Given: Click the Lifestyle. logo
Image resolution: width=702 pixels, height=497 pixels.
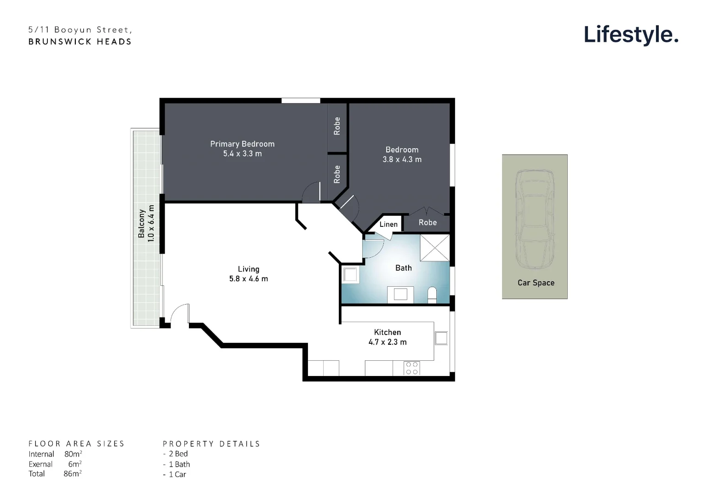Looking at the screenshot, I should (631, 35).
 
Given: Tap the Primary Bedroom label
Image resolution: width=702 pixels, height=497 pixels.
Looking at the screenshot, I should (242, 144).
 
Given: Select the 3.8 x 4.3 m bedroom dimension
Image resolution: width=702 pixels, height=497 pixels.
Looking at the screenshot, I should (402, 160).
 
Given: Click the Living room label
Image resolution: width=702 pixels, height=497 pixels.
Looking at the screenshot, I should (248, 269).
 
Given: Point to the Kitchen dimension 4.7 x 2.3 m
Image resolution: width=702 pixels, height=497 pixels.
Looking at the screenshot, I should (387, 342).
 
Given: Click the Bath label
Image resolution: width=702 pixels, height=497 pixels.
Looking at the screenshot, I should (403, 268).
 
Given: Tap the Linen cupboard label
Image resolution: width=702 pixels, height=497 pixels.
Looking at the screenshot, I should (388, 225).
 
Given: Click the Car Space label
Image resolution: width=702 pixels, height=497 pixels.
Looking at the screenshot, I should (536, 283).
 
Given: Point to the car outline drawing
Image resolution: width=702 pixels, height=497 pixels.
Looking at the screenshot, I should (535, 219).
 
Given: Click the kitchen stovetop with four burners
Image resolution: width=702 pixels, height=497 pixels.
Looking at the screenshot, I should (411, 368).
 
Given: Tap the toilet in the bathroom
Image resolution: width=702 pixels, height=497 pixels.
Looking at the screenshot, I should (432, 295).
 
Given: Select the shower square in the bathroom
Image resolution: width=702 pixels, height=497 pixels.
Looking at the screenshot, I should (434, 248).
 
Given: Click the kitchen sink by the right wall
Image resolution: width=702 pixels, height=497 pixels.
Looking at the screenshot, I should (441, 338).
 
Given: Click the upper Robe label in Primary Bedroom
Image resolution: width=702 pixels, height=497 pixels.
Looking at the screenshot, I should (337, 126).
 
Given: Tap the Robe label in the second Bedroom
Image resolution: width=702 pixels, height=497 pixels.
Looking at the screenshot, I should (427, 223).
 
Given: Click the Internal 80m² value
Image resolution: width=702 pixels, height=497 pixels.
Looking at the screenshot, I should (73, 454).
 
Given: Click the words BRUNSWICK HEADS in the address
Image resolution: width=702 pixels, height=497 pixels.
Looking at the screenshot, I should (80, 41).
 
